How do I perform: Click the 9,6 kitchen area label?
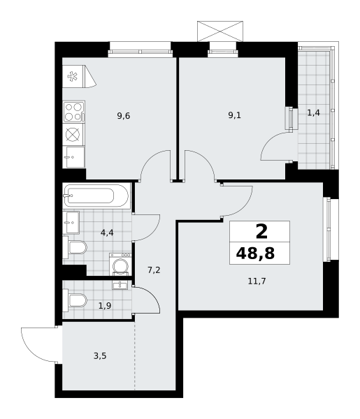[x=124, y=116]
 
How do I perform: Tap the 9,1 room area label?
[x=235, y=115]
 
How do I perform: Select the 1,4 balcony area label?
[x=313, y=113]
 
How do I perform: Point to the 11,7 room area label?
[x=257, y=281]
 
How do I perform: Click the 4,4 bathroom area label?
[x=107, y=233]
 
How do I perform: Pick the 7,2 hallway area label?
[x=154, y=270]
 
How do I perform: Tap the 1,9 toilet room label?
[x=105, y=305]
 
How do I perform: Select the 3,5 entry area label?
[x=100, y=356]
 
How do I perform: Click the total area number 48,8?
[x=255, y=253]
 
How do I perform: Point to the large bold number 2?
[x=261, y=232]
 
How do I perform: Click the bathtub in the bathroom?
[x=96, y=196]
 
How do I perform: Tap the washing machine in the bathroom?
[x=120, y=264]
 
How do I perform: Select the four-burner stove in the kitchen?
[x=74, y=112]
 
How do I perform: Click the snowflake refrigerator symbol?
[x=72, y=76]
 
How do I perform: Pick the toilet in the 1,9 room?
[x=75, y=300]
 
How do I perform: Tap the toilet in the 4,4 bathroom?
[x=75, y=247]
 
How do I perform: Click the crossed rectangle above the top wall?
[x=220, y=31]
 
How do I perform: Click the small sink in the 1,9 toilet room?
[x=120, y=285]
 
